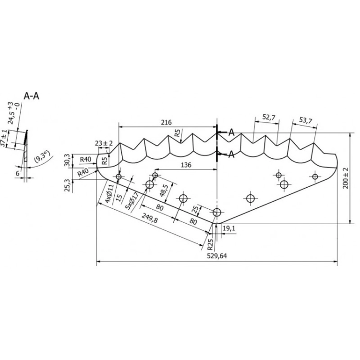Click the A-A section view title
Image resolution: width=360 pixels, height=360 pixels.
pyautogui.click(x=32, y=96)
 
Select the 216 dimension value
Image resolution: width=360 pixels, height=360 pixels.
pyautogui.click(x=166, y=122)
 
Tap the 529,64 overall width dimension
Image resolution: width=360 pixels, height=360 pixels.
pyautogui.click(x=217, y=256)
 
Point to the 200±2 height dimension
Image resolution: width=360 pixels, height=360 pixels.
pyautogui.click(x=346, y=178)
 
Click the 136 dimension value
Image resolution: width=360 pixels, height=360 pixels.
pyautogui.click(x=186, y=165)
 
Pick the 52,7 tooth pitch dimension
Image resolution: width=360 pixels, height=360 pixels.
pyautogui.click(x=269, y=117)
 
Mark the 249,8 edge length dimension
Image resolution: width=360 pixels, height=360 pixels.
pyautogui.click(x=149, y=218)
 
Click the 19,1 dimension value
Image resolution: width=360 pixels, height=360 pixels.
pyautogui.click(x=229, y=228)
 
